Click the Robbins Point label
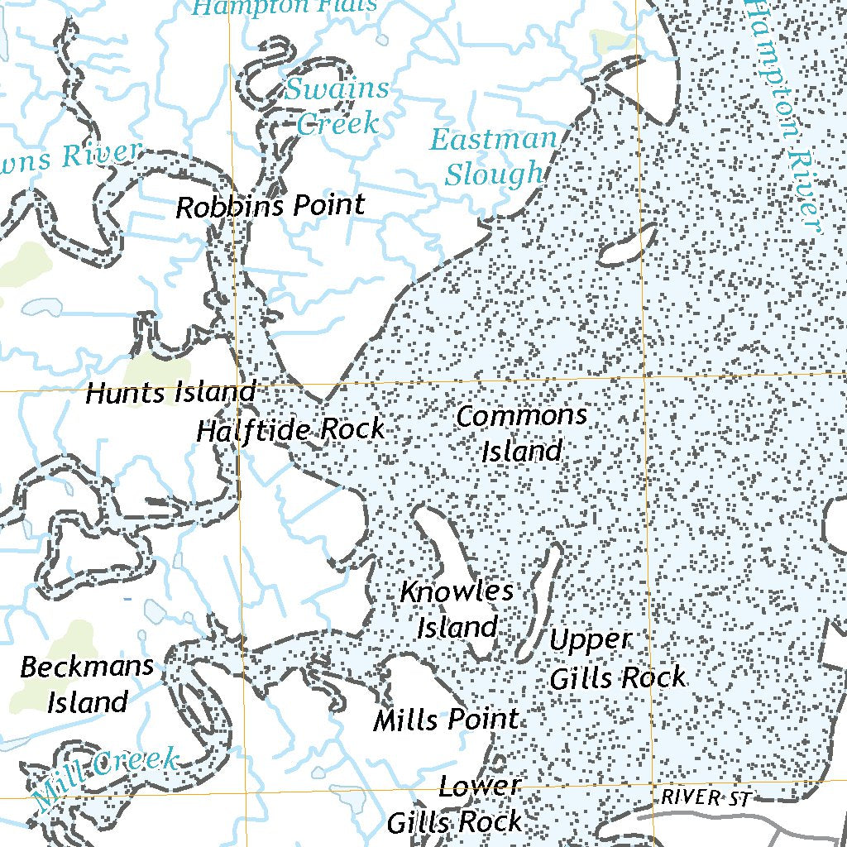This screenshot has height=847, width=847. [x=270, y=206]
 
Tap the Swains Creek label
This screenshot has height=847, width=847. [x=337, y=106]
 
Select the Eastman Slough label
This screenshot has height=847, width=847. [x=494, y=157]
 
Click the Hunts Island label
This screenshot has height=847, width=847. [x=170, y=393]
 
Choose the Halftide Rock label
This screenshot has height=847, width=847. [x=290, y=430]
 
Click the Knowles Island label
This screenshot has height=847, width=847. [x=457, y=610]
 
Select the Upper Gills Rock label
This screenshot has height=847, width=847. [x=617, y=659]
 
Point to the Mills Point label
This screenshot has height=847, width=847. [x=446, y=720]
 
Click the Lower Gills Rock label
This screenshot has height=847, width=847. [x=455, y=804]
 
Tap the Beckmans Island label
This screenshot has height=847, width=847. [x=87, y=684]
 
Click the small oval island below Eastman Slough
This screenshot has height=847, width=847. [x=626, y=246]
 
